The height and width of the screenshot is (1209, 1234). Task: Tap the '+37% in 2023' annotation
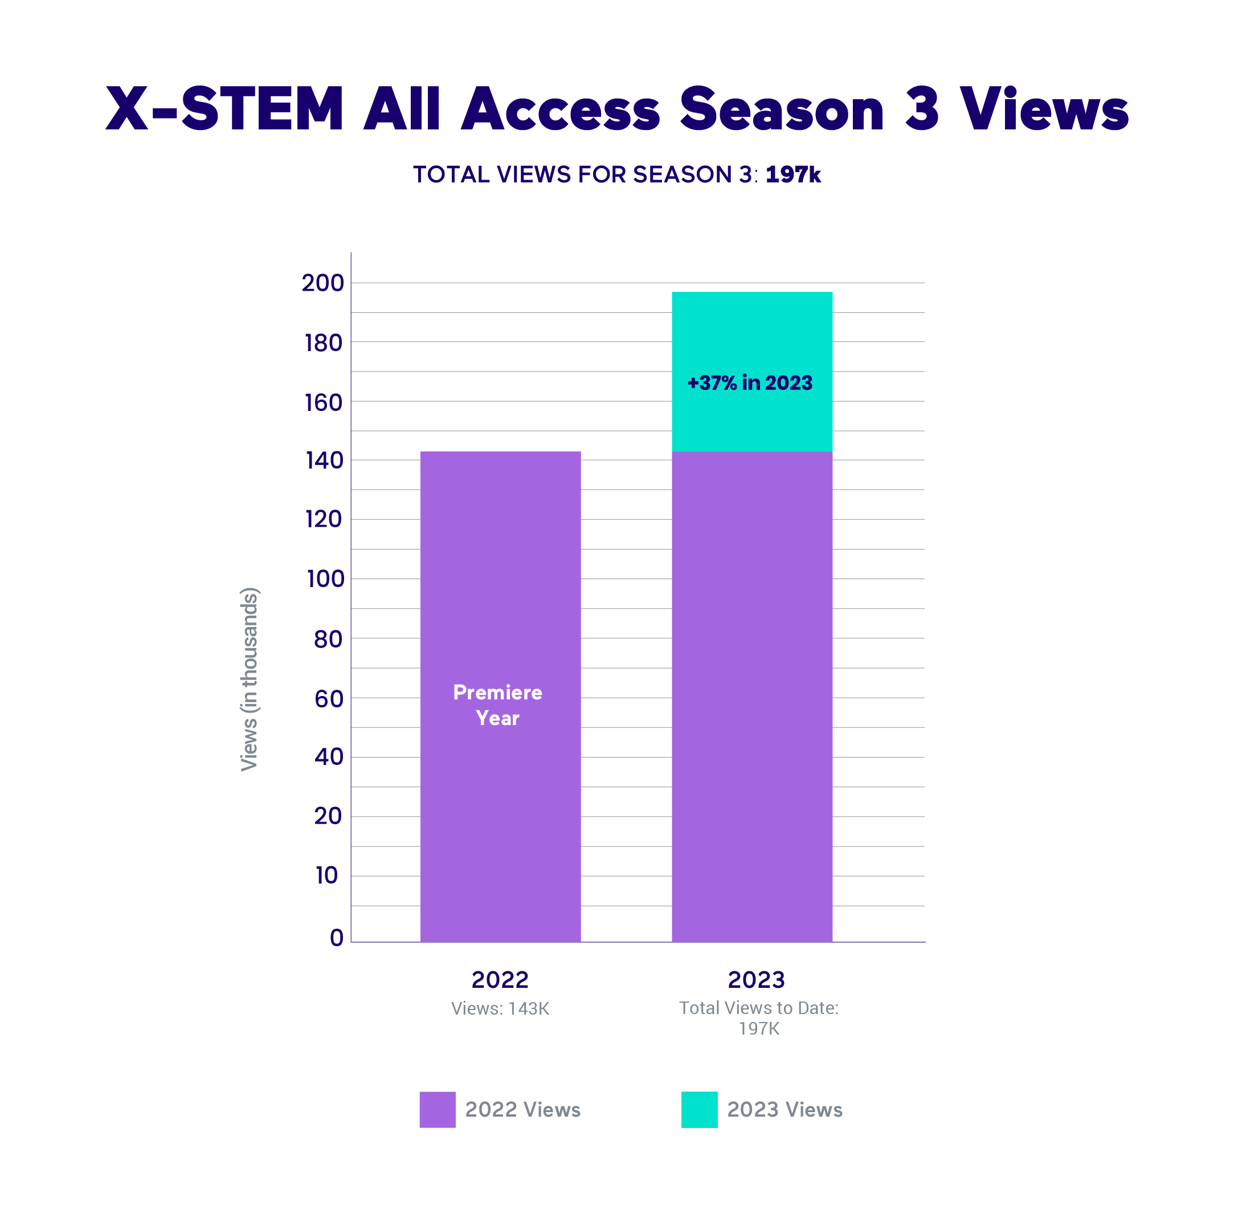[750, 383]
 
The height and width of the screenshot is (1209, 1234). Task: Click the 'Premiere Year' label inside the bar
[498, 705]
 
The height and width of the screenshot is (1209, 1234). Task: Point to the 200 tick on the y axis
[322, 283]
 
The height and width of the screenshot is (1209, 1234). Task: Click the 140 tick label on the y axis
[324, 461]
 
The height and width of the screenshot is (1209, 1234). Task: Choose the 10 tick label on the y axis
[327, 876]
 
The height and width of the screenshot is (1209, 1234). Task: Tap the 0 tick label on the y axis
[337, 937]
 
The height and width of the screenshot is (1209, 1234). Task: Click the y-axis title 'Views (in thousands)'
[250, 679]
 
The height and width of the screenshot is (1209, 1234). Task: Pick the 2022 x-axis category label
[500, 980]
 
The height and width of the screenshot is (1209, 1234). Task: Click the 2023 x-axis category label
[756, 980]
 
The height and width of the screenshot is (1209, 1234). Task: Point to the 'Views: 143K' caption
[500, 1008]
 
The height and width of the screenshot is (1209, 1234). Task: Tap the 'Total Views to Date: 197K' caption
[758, 1018]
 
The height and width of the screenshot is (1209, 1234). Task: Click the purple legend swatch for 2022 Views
[438, 1109]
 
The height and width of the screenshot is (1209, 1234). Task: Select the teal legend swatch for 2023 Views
[699, 1109]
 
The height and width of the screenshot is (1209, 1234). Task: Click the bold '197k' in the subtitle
[793, 174]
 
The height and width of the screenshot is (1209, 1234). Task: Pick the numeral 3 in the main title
[922, 109]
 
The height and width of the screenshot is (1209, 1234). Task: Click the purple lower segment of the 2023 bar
[751, 698]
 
